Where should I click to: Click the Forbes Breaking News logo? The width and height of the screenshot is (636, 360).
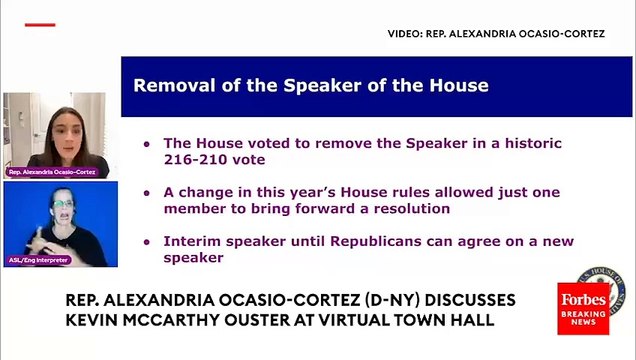tap(582, 308)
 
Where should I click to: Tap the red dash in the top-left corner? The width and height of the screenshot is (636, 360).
tap(40, 24)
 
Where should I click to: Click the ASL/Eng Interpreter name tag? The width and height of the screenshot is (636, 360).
tap(39, 260)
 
